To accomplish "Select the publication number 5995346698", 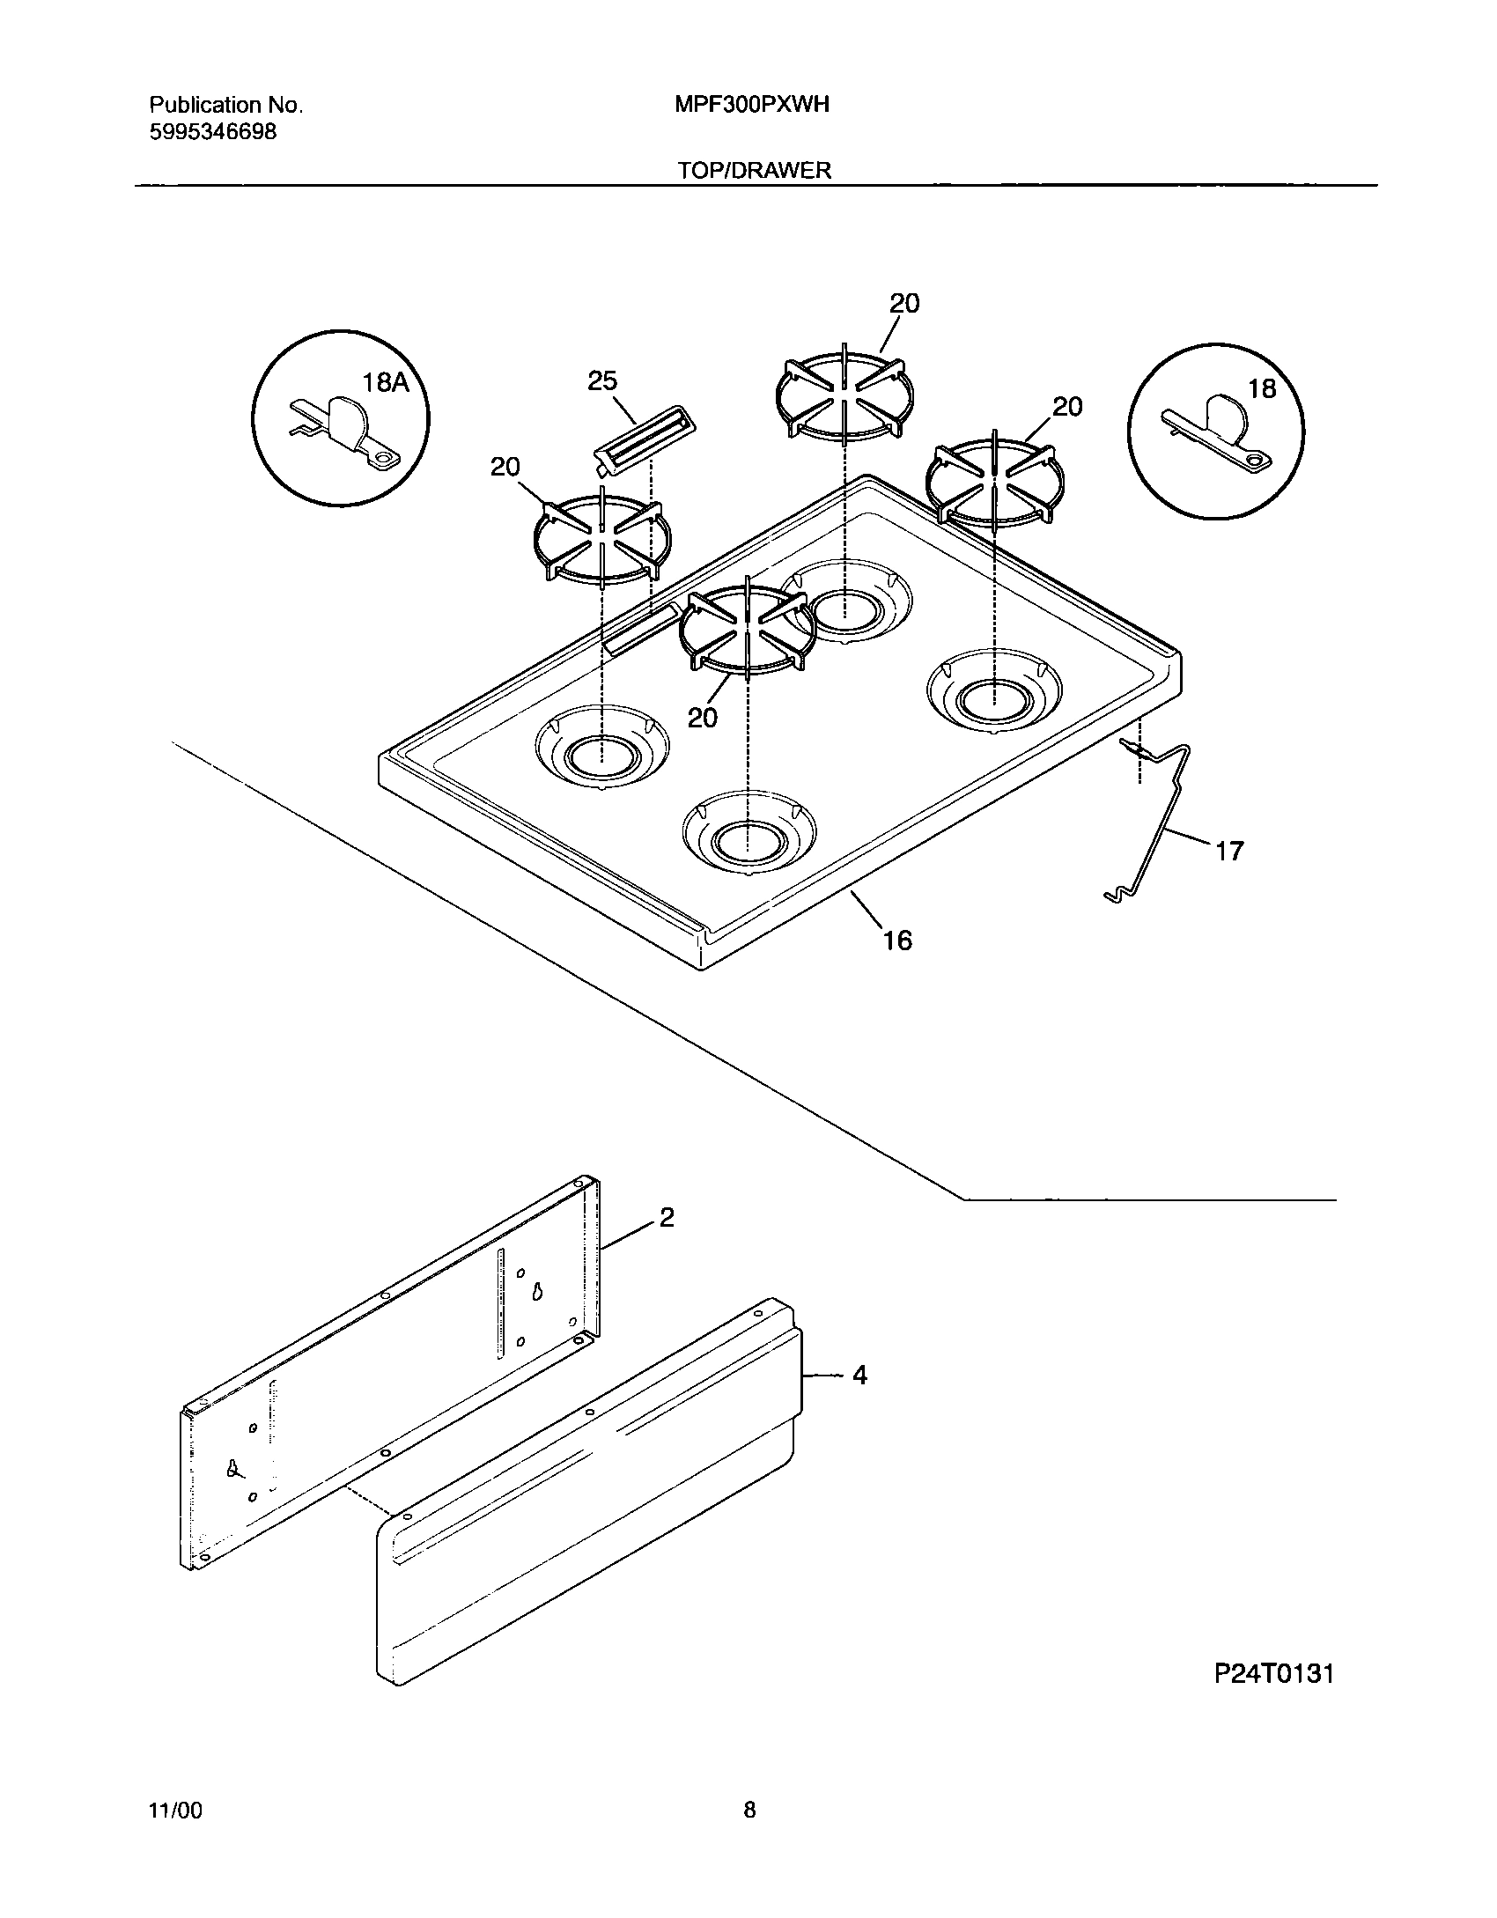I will pyautogui.click(x=212, y=132).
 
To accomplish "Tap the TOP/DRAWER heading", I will pyautogui.click(x=754, y=170).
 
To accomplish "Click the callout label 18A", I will pyautogui.click(x=386, y=382).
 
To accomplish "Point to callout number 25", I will pyautogui.click(x=602, y=381).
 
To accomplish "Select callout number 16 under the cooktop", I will pyautogui.click(x=897, y=941).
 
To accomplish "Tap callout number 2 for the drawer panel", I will pyautogui.click(x=667, y=1217).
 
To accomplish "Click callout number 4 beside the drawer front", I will pyautogui.click(x=859, y=1375).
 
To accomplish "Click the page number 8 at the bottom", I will pyautogui.click(x=749, y=1811).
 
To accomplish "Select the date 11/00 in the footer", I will pyautogui.click(x=176, y=1811).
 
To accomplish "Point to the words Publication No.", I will pyautogui.click(x=225, y=105).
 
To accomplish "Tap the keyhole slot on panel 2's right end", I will pyautogui.click(x=535, y=1291).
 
